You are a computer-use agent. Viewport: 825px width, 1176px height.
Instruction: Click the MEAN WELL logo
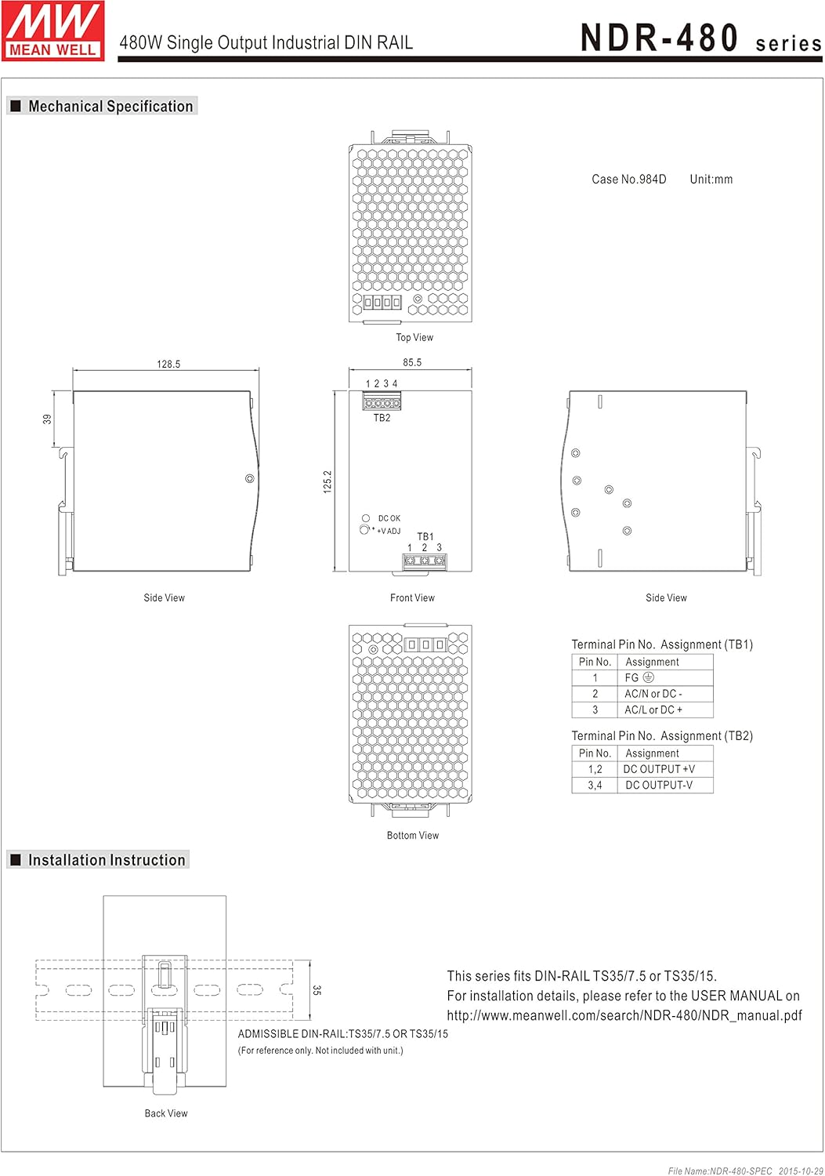point(53,31)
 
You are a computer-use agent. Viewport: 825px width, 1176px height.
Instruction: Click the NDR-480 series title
point(700,39)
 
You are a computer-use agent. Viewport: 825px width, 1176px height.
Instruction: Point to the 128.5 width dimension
point(168,364)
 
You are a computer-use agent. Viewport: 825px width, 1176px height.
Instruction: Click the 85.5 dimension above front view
point(412,362)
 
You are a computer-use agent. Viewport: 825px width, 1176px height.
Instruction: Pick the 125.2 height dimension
point(327,481)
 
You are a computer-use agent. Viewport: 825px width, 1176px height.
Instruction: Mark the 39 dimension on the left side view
point(47,419)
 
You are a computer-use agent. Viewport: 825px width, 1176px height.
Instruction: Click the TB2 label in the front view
point(382,418)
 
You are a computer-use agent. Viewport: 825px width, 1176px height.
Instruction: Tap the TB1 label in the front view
point(425,536)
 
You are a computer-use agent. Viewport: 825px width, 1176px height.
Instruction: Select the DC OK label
point(389,518)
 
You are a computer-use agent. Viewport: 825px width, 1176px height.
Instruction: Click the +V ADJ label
point(388,531)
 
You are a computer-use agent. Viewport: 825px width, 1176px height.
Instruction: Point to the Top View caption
point(414,337)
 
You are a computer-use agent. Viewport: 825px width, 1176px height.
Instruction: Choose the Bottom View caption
point(413,835)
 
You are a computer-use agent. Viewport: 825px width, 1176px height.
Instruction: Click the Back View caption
point(166,1113)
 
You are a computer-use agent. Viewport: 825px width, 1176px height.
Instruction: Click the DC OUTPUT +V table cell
point(659,769)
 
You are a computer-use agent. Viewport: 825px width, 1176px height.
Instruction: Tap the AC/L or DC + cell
point(653,710)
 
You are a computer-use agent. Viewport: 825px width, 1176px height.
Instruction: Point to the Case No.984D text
point(629,179)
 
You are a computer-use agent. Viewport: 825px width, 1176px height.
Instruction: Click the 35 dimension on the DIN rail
point(317,990)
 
